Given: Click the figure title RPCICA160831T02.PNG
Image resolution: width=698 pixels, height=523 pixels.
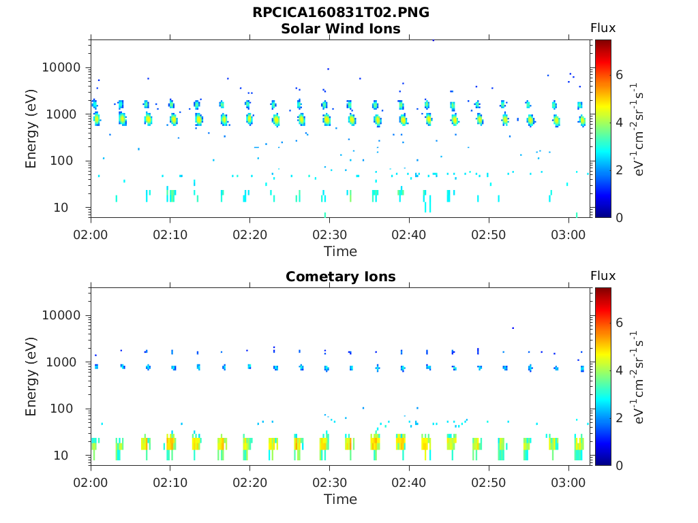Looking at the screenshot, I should tap(341, 12).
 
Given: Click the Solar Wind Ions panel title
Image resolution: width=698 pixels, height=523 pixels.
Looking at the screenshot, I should tap(341, 29).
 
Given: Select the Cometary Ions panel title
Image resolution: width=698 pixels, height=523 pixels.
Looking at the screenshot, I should tap(341, 276).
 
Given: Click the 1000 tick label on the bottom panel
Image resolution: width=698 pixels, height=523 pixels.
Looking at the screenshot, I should tap(66, 362).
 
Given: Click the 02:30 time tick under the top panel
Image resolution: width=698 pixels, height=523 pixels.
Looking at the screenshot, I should tap(329, 234).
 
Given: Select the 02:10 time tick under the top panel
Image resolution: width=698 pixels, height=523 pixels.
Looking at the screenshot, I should tap(170, 234).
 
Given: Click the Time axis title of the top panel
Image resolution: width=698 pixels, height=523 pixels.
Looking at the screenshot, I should tap(340, 251).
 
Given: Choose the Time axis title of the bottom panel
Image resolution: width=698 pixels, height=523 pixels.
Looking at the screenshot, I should tap(340, 499).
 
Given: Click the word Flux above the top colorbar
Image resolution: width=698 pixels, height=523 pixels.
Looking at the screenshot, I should tap(603, 28).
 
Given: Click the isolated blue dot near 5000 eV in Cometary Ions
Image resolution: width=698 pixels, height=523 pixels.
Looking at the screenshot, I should tap(513, 328).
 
